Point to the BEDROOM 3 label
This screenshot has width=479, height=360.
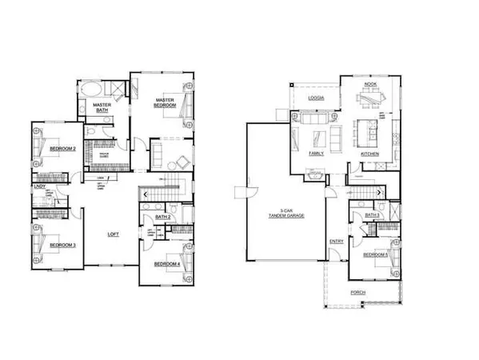[x=62, y=245]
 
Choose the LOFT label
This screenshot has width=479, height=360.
[x=116, y=234]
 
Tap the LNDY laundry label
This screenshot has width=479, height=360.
[x=38, y=187]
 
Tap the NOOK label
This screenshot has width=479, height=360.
[x=370, y=84]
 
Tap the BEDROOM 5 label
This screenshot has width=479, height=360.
[x=376, y=254]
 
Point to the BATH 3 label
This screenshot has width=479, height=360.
[x=371, y=215]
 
